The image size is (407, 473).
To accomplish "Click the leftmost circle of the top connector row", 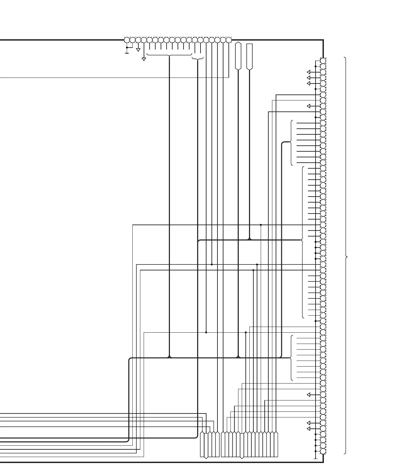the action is tap(127, 40).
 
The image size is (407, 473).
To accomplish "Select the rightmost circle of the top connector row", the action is tap(229, 40).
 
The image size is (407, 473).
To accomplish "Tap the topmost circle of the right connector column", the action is tap(323, 61).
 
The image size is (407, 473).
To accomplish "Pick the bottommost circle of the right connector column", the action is tap(323, 451).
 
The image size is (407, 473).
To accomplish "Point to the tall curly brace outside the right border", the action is tap(346, 256).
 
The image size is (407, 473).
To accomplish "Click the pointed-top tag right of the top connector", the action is tap(238, 56).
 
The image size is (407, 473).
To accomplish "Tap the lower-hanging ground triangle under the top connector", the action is tap(144, 59).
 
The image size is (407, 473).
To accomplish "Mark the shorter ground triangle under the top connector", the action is tap(138, 50).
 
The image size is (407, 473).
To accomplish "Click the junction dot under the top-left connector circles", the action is tap(127, 48).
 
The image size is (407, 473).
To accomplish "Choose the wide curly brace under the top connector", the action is tap(169, 55).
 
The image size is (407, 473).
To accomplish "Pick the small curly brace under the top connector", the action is tap(198, 59).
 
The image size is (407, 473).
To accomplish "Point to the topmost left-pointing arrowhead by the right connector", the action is tap(309, 72).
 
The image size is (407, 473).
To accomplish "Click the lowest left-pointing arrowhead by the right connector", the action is tap(309, 429).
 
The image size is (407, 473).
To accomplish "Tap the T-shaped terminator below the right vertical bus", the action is tap(316, 458).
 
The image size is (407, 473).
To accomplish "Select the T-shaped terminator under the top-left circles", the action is tap(127, 53).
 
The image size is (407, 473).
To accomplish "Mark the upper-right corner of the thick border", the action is tap(323, 40).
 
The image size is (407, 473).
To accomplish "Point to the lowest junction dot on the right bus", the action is tap(316, 451).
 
